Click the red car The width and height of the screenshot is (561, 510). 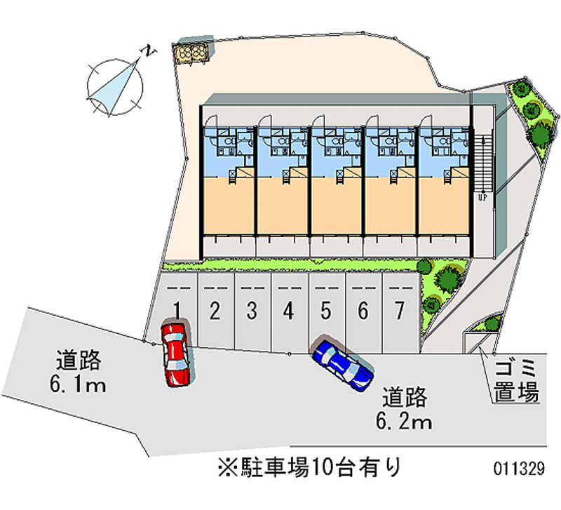[x=175, y=354]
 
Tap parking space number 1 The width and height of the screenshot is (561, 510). [x=179, y=309]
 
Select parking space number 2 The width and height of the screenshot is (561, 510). [x=215, y=309]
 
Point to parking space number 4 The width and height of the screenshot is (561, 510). [x=288, y=309]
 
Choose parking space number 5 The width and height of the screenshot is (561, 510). [x=325, y=309]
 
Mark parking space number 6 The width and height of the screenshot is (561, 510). [x=362, y=309]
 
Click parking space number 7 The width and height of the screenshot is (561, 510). [x=399, y=309]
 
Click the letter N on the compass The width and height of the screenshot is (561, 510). [x=149, y=51]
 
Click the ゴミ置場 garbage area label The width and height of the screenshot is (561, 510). [x=516, y=380]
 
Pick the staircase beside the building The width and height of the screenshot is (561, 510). [x=482, y=161]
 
